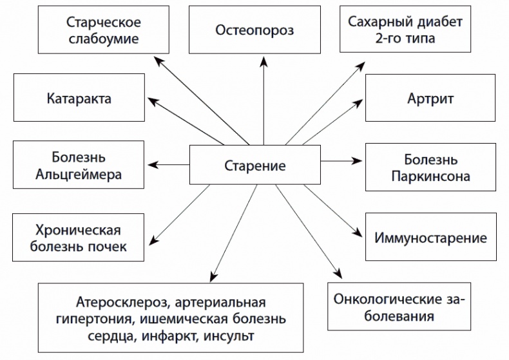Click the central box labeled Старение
click(254, 166)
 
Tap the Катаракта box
click(79, 99)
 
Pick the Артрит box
click(430, 99)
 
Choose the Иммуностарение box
click(430, 238)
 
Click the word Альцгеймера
click(79, 174)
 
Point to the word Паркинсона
click(430, 176)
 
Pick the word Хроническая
click(79, 230)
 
